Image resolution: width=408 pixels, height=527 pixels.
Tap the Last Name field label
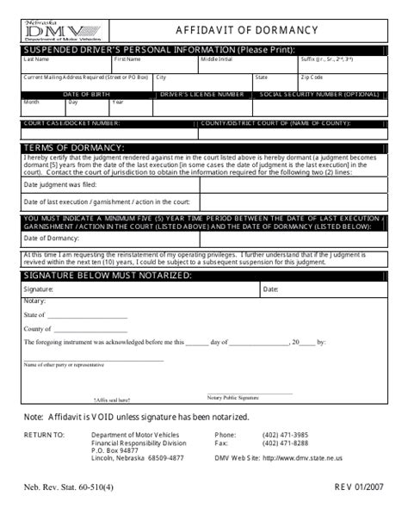point(36,59)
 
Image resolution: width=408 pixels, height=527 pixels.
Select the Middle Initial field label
point(216,59)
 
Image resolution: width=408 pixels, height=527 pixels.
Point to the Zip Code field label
point(311,77)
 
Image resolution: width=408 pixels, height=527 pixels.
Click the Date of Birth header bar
point(85,93)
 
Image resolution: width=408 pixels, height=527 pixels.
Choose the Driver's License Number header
point(202,93)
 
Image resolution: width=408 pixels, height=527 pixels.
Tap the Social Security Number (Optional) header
point(318,93)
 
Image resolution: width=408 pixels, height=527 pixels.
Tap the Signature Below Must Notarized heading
point(108,275)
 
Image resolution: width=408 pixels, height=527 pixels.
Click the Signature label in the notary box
point(38,289)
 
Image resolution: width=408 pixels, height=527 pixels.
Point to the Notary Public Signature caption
point(232,399)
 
